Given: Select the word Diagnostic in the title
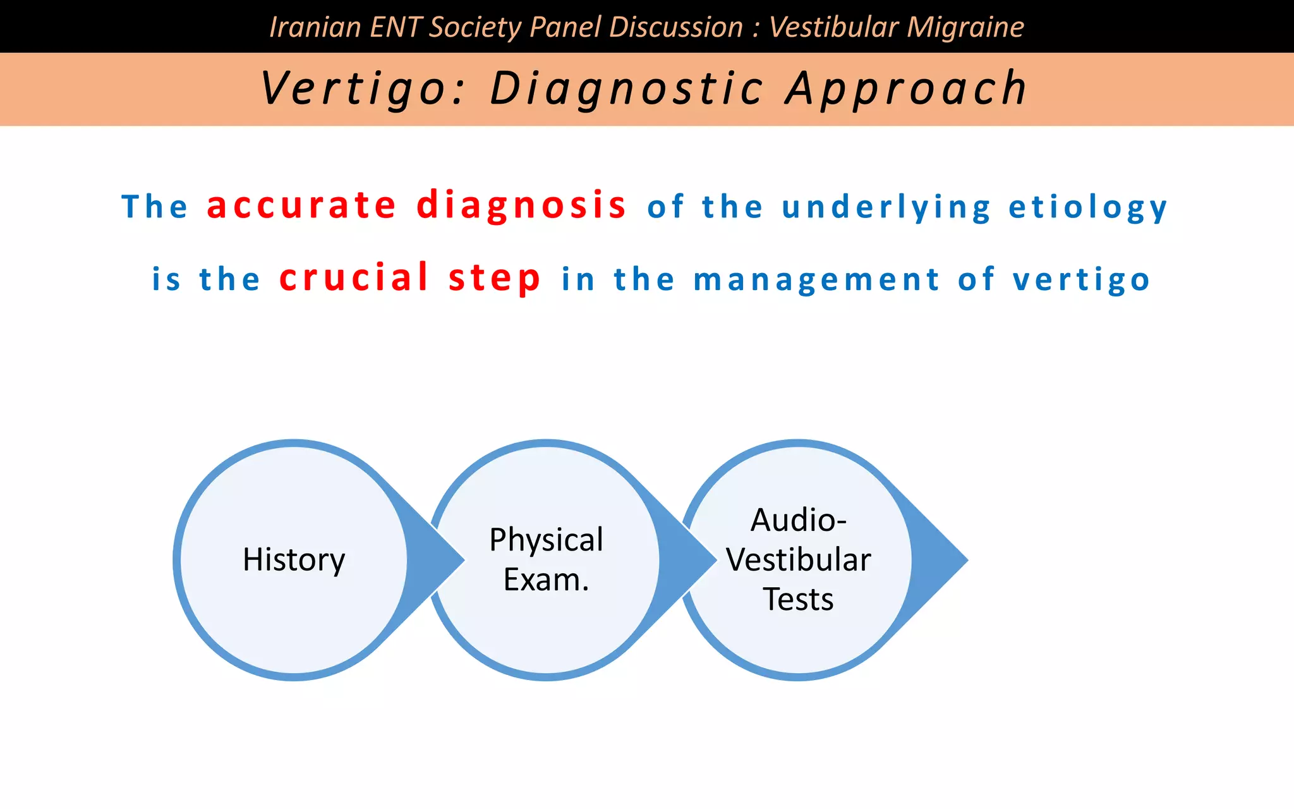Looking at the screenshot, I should tap(626, 88).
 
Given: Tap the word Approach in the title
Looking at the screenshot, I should tap(906, 88).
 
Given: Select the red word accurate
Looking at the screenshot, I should tap(301, 205).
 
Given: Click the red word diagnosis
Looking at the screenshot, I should tap(521, 205).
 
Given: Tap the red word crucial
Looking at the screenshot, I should tap(354, 277).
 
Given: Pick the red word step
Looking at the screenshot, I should tap(495, 277).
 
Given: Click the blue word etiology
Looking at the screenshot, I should tap(1088, 207).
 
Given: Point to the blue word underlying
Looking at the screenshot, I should tap(886, 207).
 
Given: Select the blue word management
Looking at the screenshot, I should tap(817, 279).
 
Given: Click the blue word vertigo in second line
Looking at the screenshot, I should tap(1082, 279).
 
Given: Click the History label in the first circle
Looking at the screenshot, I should tap(294, 560).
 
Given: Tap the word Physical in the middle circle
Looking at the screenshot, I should tap(546, 540).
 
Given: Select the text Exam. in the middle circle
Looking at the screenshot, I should tap(546, 580).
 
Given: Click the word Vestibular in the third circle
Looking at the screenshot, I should tap(798, 560).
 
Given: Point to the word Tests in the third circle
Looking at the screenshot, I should tap(798, 599).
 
